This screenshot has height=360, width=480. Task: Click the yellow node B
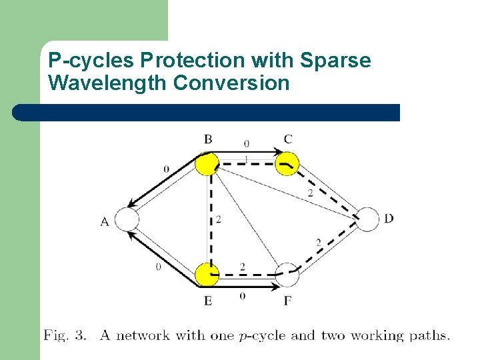pyautogui.click(x=208, y=163)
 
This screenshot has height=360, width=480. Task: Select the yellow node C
pyautogui.click(x=287, y=163)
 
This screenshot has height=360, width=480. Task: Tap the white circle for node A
pyautogui.click(x=127, y=219)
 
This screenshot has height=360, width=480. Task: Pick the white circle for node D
pyautogui.click(x=368, y=219)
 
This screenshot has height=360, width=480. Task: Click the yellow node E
pyautogui.click(x=208, y=274)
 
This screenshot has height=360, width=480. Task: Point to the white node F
pyautogui.click(x=287, y=275)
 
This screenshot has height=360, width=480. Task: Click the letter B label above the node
pyautogui.click(x=208, y=139)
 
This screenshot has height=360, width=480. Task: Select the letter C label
pyautogui.click(x=287, y=139)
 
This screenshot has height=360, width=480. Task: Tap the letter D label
pyautogui.click(x=389, y=219)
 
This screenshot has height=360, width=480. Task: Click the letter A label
pyautogui.click(x=105, y=222)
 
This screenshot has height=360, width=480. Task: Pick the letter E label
pyautogui.click(x=208, y=301)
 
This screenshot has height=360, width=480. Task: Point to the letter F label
pyautogui.click(x=287, y=301)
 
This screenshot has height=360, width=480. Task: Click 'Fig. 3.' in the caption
pyautogui.click(x=65, y=335)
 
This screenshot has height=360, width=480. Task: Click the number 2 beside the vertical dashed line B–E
pyautogui.click(x=219, y=219)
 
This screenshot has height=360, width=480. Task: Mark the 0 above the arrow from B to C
pyautogui.click(x=246, y=143)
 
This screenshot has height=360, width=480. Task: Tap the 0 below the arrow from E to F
pyautogui.click(x=241, y=295)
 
